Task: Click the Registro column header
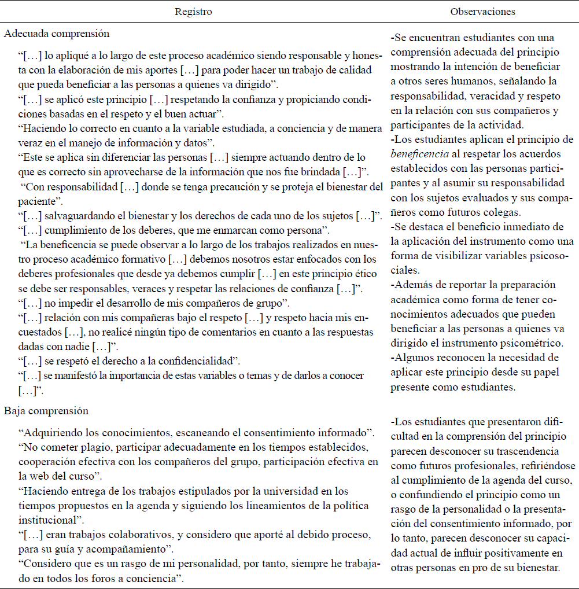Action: tap(194, 12)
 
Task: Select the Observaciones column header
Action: tap(482, 12)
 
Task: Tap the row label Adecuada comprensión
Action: tap(57, 34)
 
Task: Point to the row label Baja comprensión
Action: tap(46, 411)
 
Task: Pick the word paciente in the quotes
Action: tap(38, 201)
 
